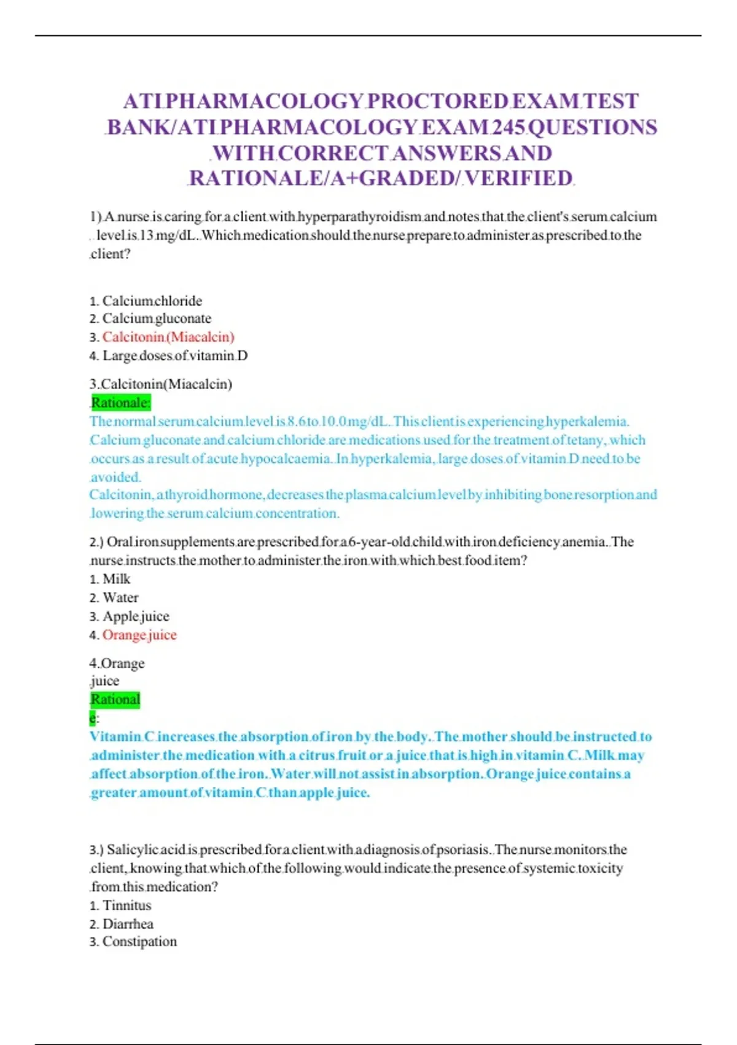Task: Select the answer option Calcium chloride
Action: click(x=152, y=301)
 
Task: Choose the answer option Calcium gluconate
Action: click(x=157, y=318)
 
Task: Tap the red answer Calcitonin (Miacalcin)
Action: click(x=168, y=337)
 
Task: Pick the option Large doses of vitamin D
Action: click(x=175, y=355)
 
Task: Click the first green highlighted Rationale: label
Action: click(x=120, y=403)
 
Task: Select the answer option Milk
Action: click(x=116, y=579)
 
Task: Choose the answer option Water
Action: click(x=120, y=597)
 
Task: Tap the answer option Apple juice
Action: click(x=136, y=617)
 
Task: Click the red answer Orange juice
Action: click(x=139, y=635)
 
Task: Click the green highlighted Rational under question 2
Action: click(x=115, y=700)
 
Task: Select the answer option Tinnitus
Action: click(x=127, y=905)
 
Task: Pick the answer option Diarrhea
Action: click(x=128, y=924)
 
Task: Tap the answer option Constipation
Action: click(x=139, y=942)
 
